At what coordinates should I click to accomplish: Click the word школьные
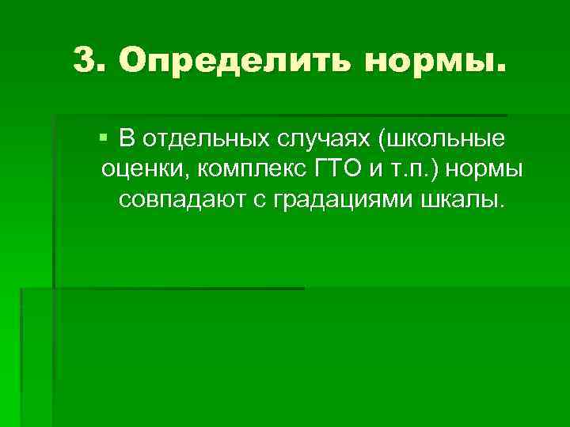click(446, 141)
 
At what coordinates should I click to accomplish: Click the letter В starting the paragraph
click(127, 140)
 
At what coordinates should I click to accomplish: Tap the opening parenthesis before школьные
click(382, 141)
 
